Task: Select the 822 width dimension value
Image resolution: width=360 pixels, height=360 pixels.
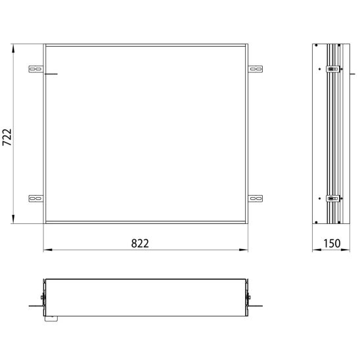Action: pos(139,242)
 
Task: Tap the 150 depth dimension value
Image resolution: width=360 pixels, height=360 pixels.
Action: pos(332,242)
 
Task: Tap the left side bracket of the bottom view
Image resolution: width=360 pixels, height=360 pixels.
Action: pos(43,299)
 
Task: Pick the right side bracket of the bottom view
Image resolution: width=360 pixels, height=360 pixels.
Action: pos(248,299)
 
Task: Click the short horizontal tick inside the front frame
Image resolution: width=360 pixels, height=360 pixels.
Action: pos(51,74)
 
